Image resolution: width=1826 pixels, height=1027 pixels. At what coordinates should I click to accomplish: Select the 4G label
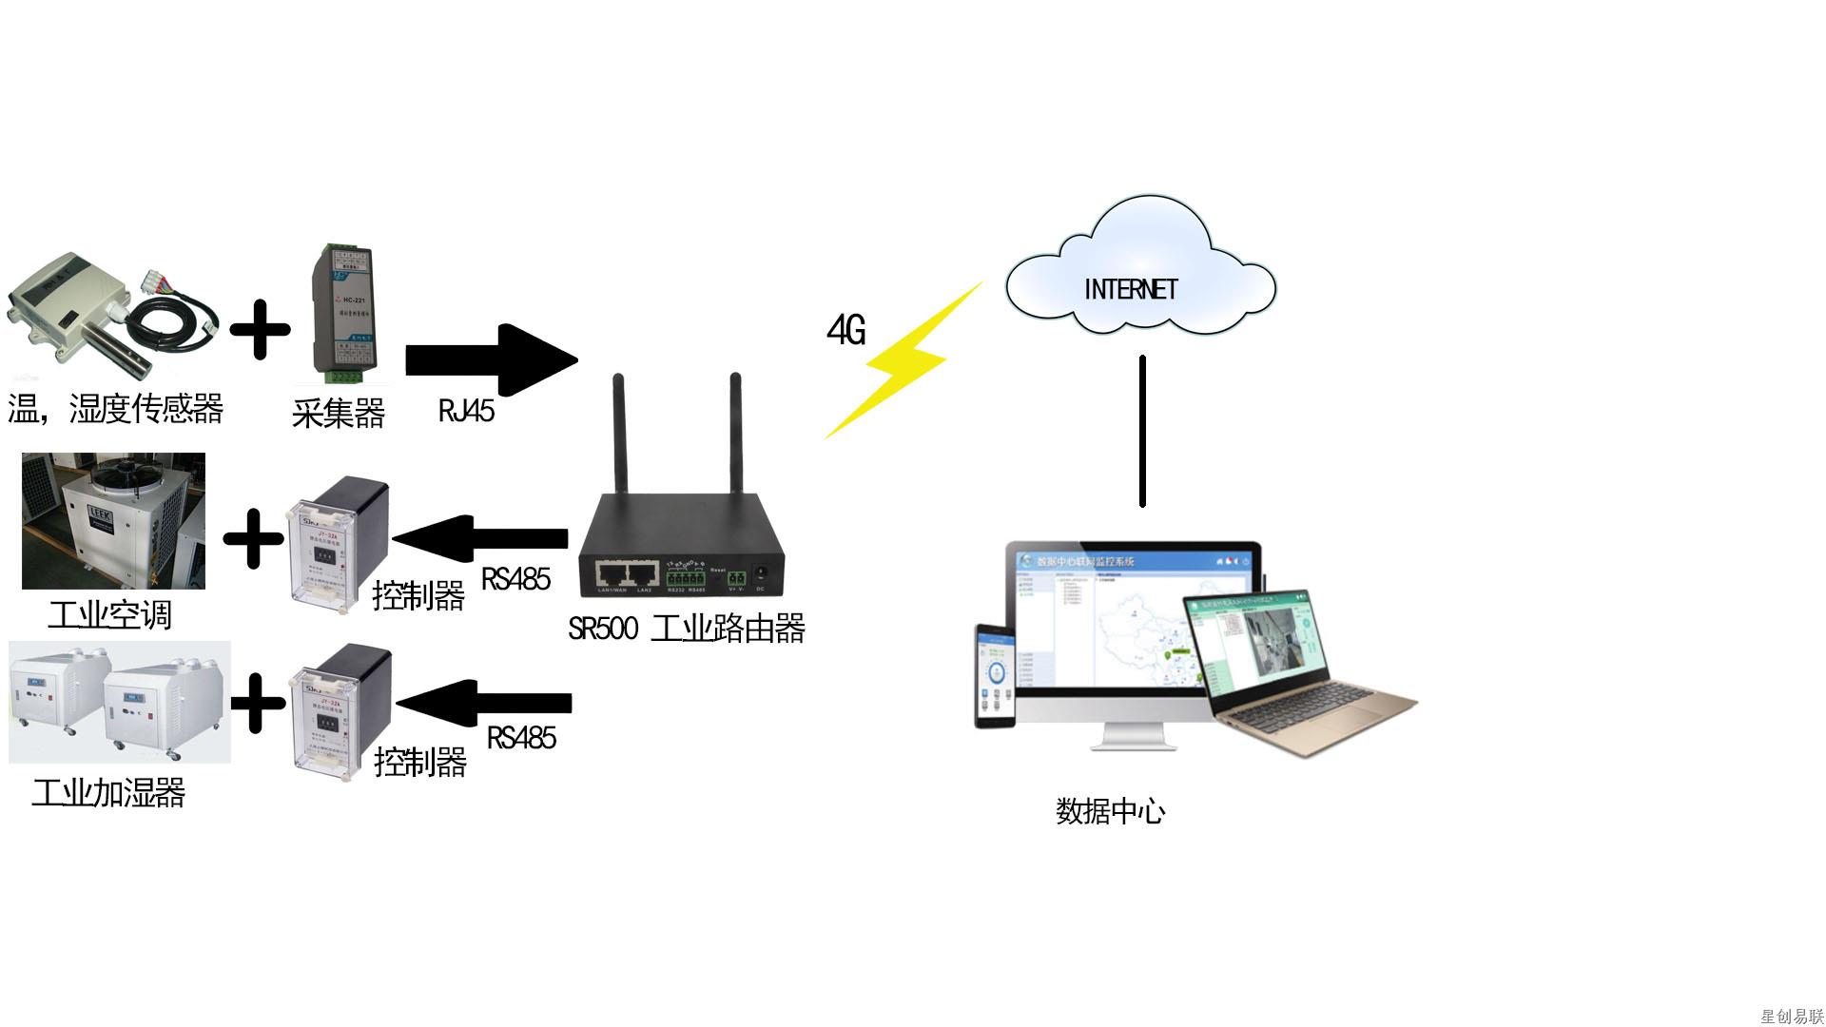[845, 330]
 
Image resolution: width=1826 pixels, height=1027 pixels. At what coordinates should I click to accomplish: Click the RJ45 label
[466, 411]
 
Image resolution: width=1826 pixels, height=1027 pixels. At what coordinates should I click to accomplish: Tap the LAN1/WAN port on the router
[611, 574]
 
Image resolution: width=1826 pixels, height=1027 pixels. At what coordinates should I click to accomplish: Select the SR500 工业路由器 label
[686, 629]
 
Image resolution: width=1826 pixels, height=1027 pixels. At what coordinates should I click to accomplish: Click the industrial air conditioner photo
[113, 521]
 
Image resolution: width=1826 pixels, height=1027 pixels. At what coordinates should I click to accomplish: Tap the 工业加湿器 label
[108, 792]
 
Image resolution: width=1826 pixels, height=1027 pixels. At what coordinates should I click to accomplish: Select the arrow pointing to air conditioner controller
[481, 538]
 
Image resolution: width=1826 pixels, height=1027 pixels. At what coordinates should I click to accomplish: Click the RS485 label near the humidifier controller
[521, 737]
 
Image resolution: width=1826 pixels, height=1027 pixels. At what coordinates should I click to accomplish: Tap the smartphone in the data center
[995, 676]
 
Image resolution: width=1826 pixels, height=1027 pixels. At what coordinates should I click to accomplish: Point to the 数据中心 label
[1110, 811]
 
